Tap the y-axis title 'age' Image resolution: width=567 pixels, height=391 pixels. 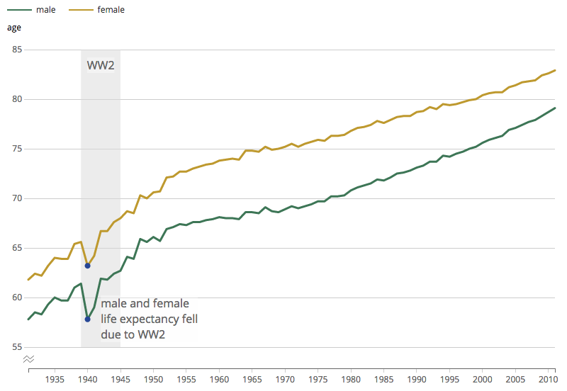14,28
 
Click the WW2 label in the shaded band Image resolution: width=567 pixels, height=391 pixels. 101,66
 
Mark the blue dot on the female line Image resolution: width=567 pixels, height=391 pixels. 87,266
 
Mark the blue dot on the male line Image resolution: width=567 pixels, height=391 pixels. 87,319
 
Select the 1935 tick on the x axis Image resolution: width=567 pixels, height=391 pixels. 55,379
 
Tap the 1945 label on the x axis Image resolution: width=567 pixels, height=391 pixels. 120,379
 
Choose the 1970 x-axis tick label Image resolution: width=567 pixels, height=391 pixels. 285,379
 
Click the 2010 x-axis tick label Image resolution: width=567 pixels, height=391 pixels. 547,379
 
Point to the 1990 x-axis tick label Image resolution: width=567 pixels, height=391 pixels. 416,379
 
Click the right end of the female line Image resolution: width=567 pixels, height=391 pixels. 555,70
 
